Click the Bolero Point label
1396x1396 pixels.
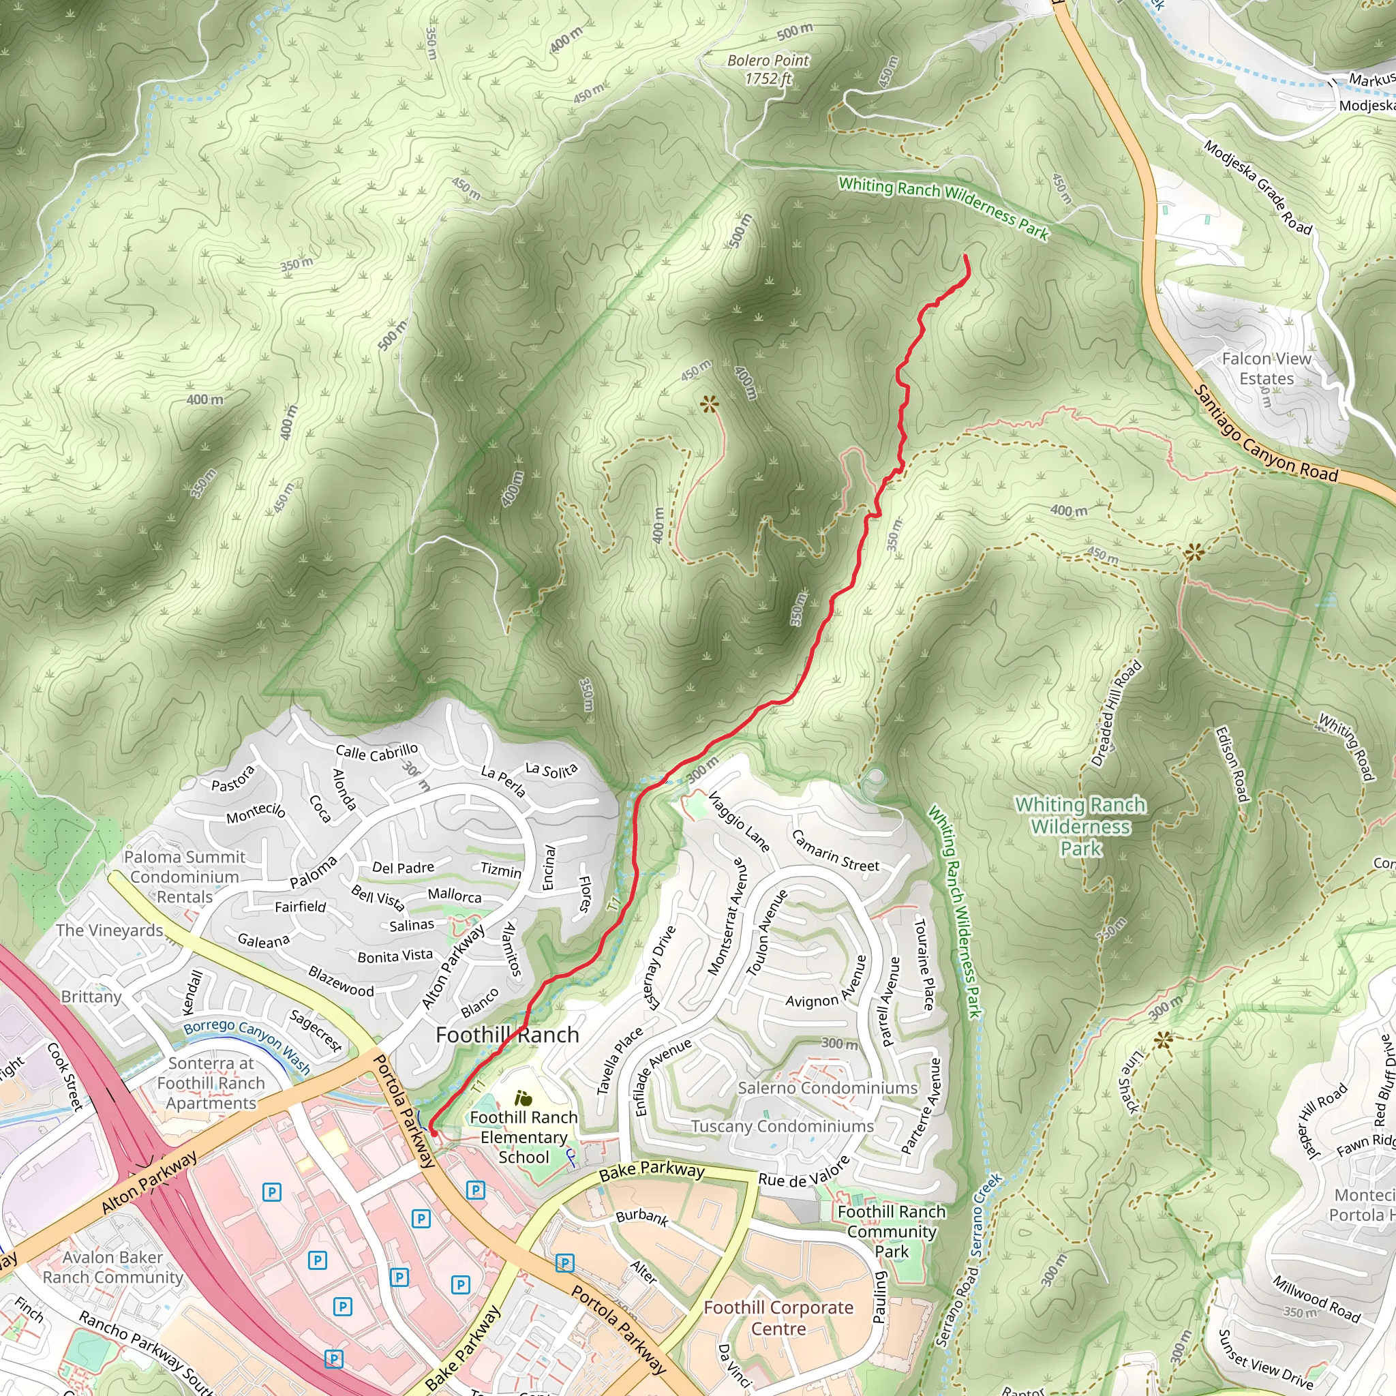click(768, 70)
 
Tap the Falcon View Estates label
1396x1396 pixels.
click(1266, 369)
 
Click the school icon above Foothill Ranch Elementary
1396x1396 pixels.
click(523, 1099)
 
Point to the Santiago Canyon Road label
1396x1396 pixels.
click(1265, 434)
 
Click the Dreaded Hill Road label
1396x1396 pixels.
click(1117, 713)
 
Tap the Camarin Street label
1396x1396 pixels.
click(835, 851)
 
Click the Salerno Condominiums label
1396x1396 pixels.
click(828, 1087)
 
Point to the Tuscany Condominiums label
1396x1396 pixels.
click(782, 1126)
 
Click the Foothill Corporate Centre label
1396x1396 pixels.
click(778, 1317)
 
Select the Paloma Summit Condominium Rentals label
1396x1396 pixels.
click(184, 877)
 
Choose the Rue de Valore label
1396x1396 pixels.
click(804, 1172)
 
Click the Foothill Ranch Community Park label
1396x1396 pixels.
click(891, 1231)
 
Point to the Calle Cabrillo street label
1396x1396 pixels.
click(376, 753)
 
